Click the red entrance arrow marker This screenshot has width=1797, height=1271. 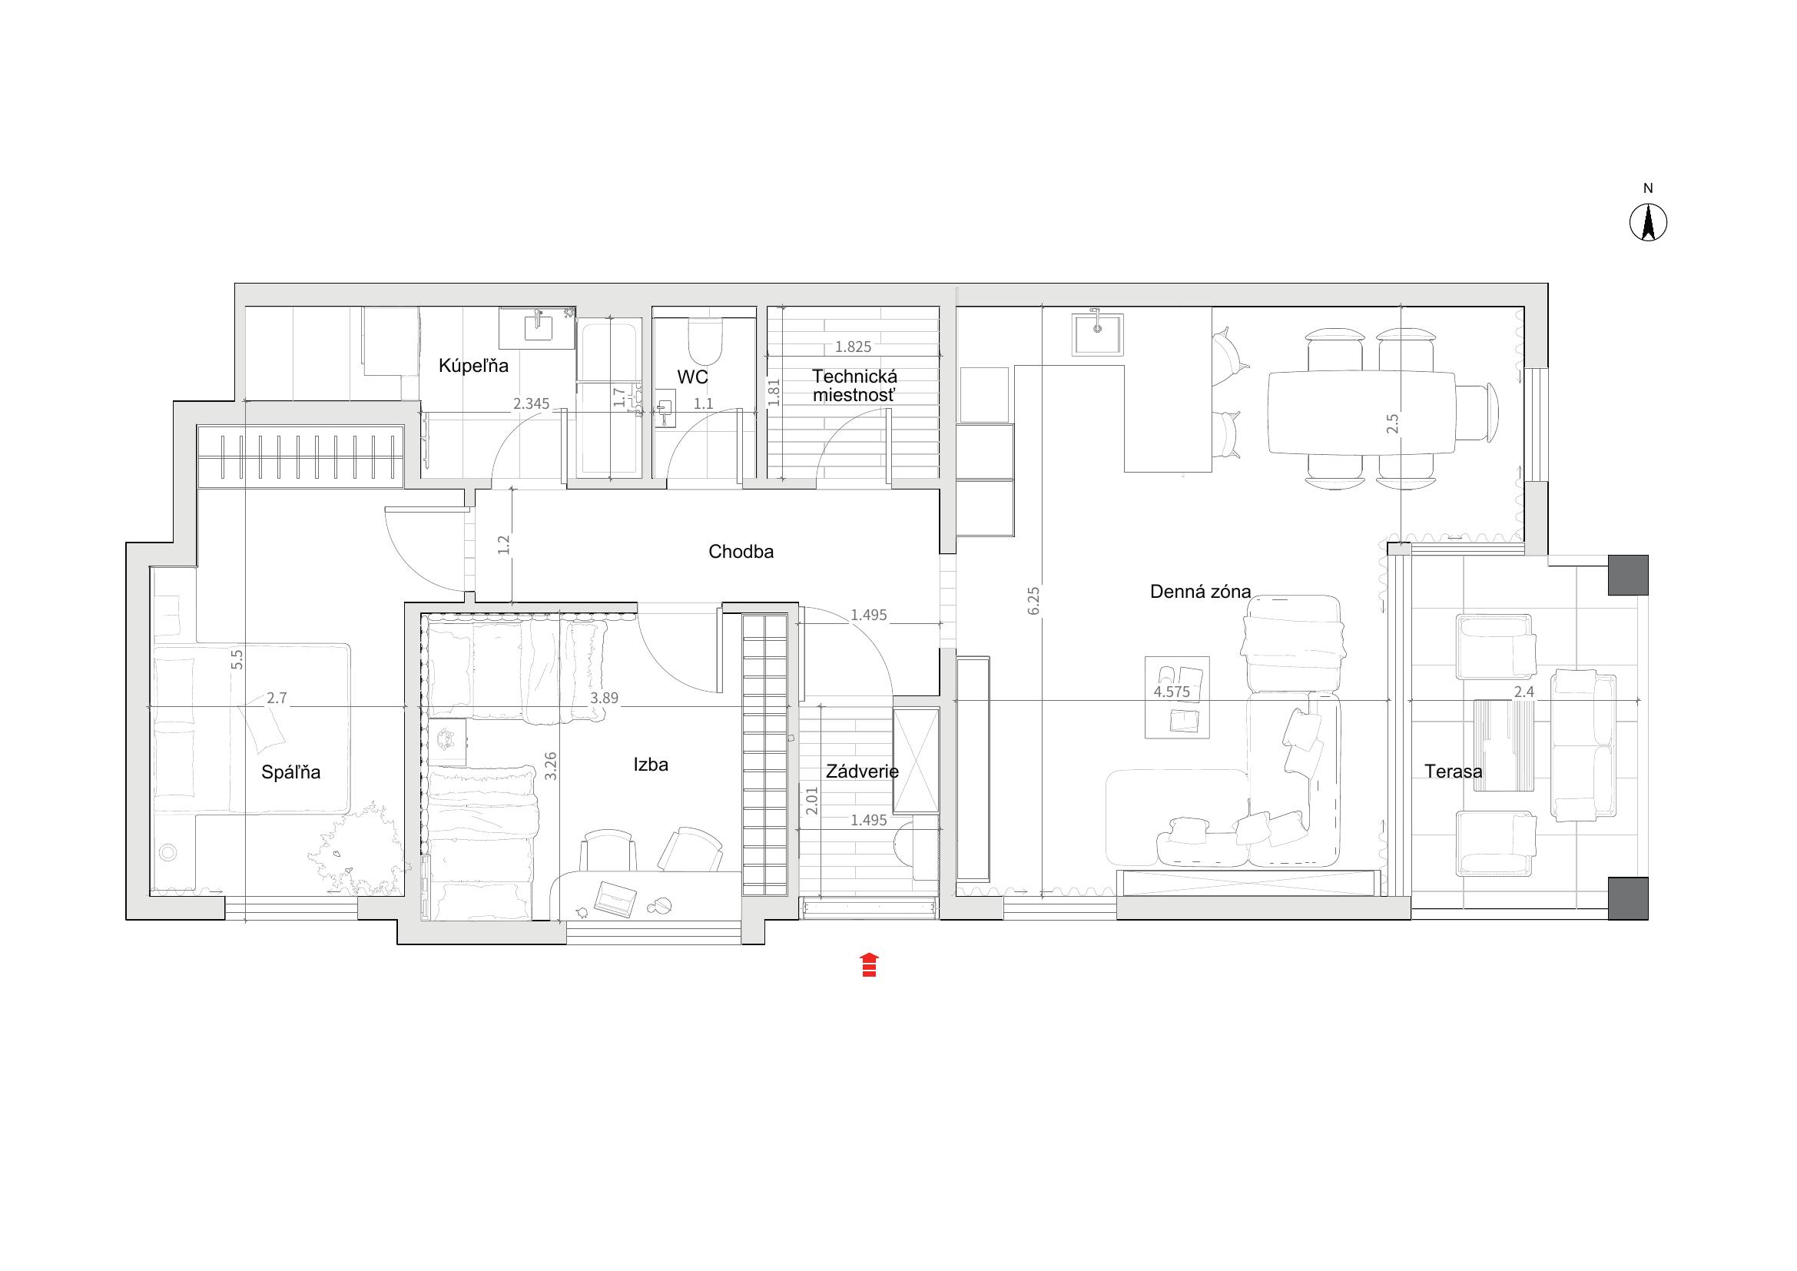869,965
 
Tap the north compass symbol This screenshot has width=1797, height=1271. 1648,223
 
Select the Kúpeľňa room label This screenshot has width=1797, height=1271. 473,366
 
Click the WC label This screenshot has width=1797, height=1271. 693,377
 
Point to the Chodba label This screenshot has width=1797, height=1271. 741,552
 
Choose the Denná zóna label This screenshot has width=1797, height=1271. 1201,592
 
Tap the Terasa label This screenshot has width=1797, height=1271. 1454,772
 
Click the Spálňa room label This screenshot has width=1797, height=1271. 291,772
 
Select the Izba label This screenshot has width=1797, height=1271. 651,765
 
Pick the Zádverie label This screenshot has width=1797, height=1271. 863,772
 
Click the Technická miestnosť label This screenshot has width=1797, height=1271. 854,386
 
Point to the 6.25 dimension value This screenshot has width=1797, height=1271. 1034,600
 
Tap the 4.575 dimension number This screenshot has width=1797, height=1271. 1172,692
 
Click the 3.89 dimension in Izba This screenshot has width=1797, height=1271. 605,698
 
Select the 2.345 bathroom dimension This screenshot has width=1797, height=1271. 532,404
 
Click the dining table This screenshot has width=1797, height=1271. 1362,413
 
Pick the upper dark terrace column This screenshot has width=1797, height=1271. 1628,576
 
